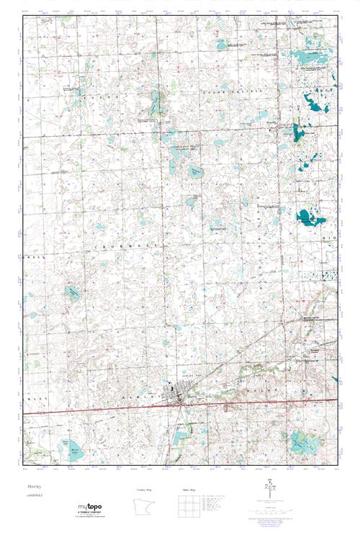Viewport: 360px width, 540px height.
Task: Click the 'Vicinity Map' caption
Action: pyautogui.click(x=145, y=489)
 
